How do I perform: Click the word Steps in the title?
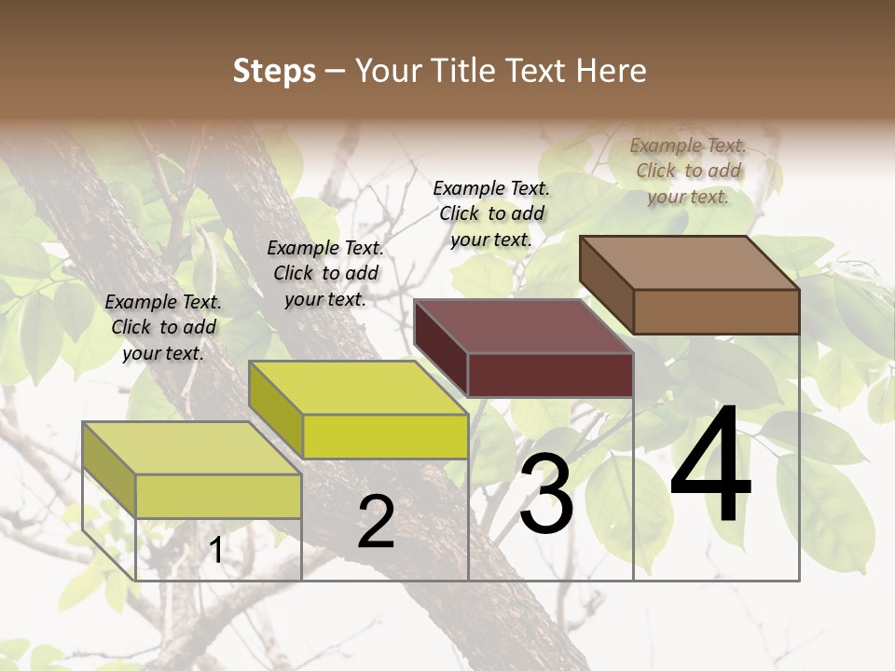click(x=274, y=71)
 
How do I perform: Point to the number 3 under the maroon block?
click(x=546, y=494)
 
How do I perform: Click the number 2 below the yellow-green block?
click(x=376, y=522)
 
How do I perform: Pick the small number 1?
click(x=216, y=551)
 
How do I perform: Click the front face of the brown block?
click(x=716, y=311)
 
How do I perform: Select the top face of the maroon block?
click(x=524, y=326)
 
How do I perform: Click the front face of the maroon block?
click(x=550, y=375)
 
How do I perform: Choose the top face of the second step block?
click(x=358, y=388)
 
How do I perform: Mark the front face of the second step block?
click(x=385, y=436)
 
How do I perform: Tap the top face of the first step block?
click(x=192, y=448)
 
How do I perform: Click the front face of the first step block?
click(x=218, y=496)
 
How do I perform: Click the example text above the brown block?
click(x=688, y=171)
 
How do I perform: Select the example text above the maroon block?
click(x=491, y=213)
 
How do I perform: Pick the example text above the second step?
click(x=325, y=273)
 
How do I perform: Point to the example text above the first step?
click(x=163, y=327)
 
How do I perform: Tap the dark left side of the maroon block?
click(x=440, y=348)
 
